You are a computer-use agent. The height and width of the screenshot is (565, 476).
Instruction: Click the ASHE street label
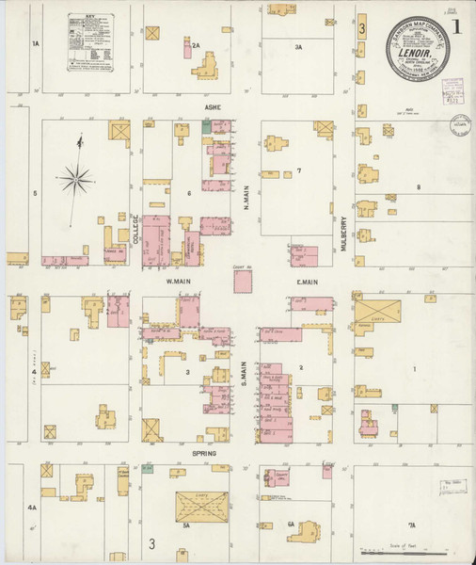point(213,108)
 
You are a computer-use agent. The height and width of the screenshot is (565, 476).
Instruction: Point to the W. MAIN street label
point(179,281)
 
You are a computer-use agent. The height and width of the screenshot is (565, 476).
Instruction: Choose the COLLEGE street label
point(135,227)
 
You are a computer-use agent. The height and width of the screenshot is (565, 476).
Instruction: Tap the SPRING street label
point(205,454)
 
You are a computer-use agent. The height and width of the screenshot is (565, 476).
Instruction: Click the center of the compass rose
point(77,176)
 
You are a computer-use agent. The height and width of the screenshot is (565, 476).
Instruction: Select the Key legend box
point(92,42)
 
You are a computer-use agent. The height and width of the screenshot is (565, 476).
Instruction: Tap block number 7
point(298,170)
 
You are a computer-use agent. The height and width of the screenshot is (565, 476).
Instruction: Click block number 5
point(36,193)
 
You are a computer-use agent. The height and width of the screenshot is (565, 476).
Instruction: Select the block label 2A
point(196,44)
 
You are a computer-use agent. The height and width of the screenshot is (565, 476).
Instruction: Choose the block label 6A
point(292,524)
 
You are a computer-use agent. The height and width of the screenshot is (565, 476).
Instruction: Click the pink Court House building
point(244,282)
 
